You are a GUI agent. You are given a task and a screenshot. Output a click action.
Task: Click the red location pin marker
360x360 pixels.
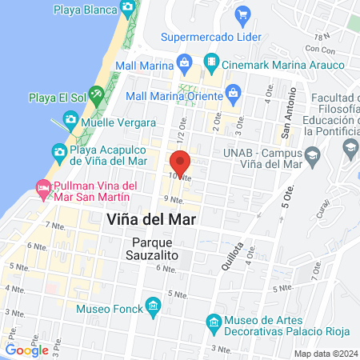181,162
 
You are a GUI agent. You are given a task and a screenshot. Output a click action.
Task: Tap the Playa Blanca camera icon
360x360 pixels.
128,8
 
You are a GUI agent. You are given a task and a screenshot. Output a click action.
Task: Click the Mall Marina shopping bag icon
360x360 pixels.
186,62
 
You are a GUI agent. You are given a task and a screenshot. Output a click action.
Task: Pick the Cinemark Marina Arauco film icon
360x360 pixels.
210,62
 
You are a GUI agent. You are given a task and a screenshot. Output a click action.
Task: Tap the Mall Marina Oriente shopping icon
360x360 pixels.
232,94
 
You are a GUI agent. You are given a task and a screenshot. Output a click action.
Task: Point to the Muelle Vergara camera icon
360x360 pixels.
70,121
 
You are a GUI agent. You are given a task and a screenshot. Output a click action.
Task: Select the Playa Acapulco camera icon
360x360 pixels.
58,150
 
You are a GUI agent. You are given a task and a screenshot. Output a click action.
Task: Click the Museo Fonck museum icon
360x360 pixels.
152,306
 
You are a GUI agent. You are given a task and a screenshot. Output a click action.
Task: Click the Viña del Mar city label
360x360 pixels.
151,218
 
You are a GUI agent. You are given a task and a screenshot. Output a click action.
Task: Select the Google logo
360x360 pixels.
26,350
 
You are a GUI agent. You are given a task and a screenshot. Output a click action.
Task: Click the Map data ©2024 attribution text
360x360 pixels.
326,354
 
